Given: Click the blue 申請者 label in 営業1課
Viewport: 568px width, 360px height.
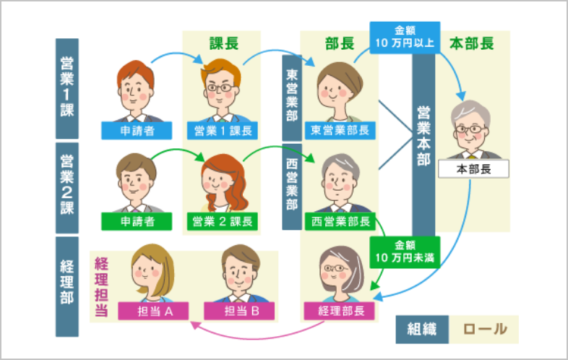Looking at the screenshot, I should pyautogui.click(x=137, y=130).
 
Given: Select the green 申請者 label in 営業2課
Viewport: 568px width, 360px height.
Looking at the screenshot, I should pyautogui.click(x=137, y=220).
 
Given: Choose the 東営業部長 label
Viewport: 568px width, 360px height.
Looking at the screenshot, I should pyautogui.click(x=340, y=130).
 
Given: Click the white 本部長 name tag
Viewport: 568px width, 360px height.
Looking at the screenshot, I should pyautogui.click(x=473, y=169).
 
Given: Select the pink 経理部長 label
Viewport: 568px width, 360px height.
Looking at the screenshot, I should pyautogui.click(x=340, y=311).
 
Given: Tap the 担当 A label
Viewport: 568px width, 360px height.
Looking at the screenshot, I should pyautogui.click(x=152, y=311).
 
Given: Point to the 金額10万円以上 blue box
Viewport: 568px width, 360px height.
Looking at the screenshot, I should pyautogui.click(x=404, y=37).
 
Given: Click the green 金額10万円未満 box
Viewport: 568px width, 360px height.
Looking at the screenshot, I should pyautogui.click(x=404, y=252).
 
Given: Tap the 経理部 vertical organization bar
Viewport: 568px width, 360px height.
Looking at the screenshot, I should pyautogui.click(x=67, y=286).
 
